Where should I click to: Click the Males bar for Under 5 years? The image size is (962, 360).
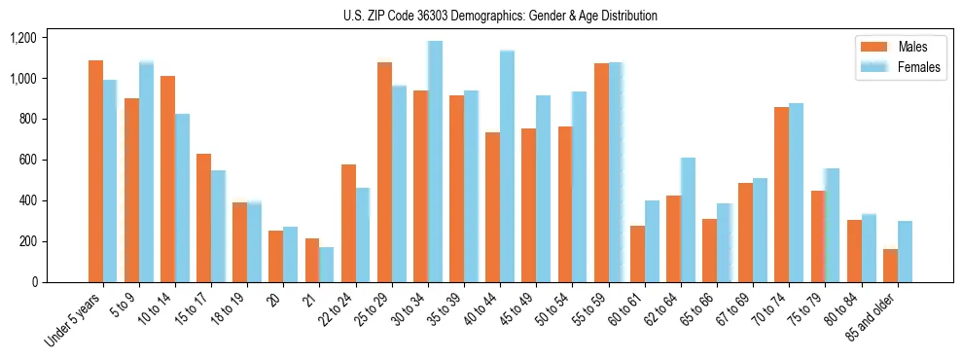pos(95,171)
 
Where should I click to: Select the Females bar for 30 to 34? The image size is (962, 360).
pos(435,162)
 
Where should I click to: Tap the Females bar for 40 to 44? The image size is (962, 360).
pos(507,166)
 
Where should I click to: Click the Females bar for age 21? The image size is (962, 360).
pos(326,265)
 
